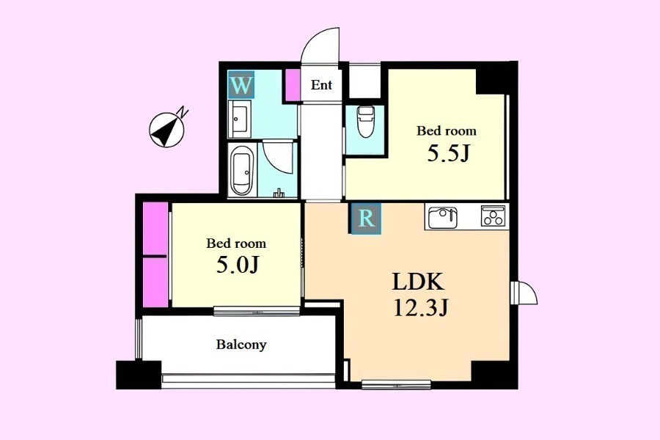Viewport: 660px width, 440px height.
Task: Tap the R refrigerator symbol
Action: (365, 218)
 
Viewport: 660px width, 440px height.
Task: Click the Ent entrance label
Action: (322, 85)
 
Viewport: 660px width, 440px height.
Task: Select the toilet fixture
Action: (365, 121)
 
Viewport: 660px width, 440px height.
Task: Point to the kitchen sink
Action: (441, 217)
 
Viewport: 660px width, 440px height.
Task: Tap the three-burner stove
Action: (494, 216)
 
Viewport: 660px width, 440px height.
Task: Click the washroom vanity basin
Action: (240, 119)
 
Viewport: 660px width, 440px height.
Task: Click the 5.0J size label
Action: (237, 265)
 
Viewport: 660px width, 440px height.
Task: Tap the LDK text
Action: (418, 282)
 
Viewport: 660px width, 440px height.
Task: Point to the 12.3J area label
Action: (420, 308)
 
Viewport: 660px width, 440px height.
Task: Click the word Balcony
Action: (241, 345)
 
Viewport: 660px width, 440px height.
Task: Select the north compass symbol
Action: (166, 130)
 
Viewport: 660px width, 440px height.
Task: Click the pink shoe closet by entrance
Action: (293, 84)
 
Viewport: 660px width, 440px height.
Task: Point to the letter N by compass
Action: (183, 112)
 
